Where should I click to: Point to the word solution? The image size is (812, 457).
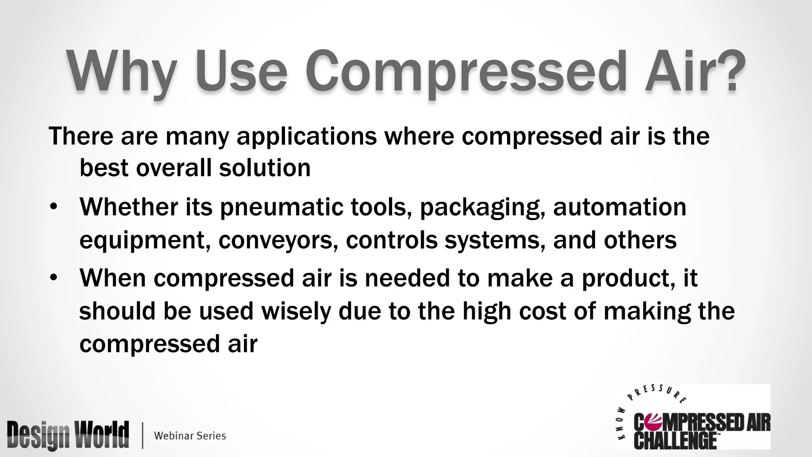point(264,168)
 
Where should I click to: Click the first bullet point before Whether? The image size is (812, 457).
point(54,207)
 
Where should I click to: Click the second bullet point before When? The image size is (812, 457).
point(54,277)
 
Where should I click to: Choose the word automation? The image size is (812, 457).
point(619,207)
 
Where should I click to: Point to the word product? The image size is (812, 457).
point(628,278)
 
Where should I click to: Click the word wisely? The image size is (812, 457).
point(296,311)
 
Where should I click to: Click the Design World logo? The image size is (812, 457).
point(68,435)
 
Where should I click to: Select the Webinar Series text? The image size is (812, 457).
point(190,436)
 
